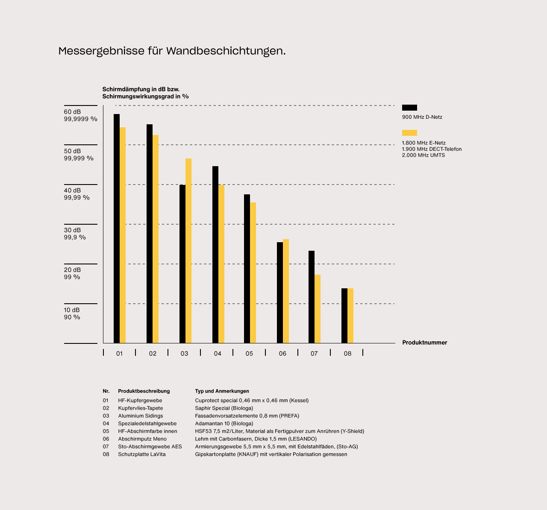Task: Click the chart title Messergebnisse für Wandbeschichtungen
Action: click(x=172, y=51)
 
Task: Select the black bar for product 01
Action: click(x=117, y=229)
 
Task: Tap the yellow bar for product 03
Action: click(x=188, y=251)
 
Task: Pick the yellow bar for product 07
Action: click(x=318, y=309)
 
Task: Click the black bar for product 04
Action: click(x=215, y=255)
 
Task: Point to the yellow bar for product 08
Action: click(x=350, y=316)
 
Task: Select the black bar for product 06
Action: click(x=280, y=293)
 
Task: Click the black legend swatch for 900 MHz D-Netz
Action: click(x=409, y=108)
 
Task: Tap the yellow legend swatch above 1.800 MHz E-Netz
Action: click(x=409, y=133)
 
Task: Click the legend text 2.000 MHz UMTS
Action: click(x=423, y=155)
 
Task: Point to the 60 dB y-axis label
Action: click(x=72, y=112)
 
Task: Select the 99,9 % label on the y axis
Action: click(x=75, y=237)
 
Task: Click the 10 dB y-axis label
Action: click(x=72, y=310)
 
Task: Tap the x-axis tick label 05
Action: click(x=249, y=354)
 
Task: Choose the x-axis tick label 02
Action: click(x=153, y=354)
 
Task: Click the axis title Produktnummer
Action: click(x=424, y=343)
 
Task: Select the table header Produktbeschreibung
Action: click(x=144, y=391)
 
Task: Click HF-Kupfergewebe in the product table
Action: click(x=140, y=401)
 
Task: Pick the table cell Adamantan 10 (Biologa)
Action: click(x=224, y=424)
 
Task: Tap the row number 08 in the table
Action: click(x=106, y=454)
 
